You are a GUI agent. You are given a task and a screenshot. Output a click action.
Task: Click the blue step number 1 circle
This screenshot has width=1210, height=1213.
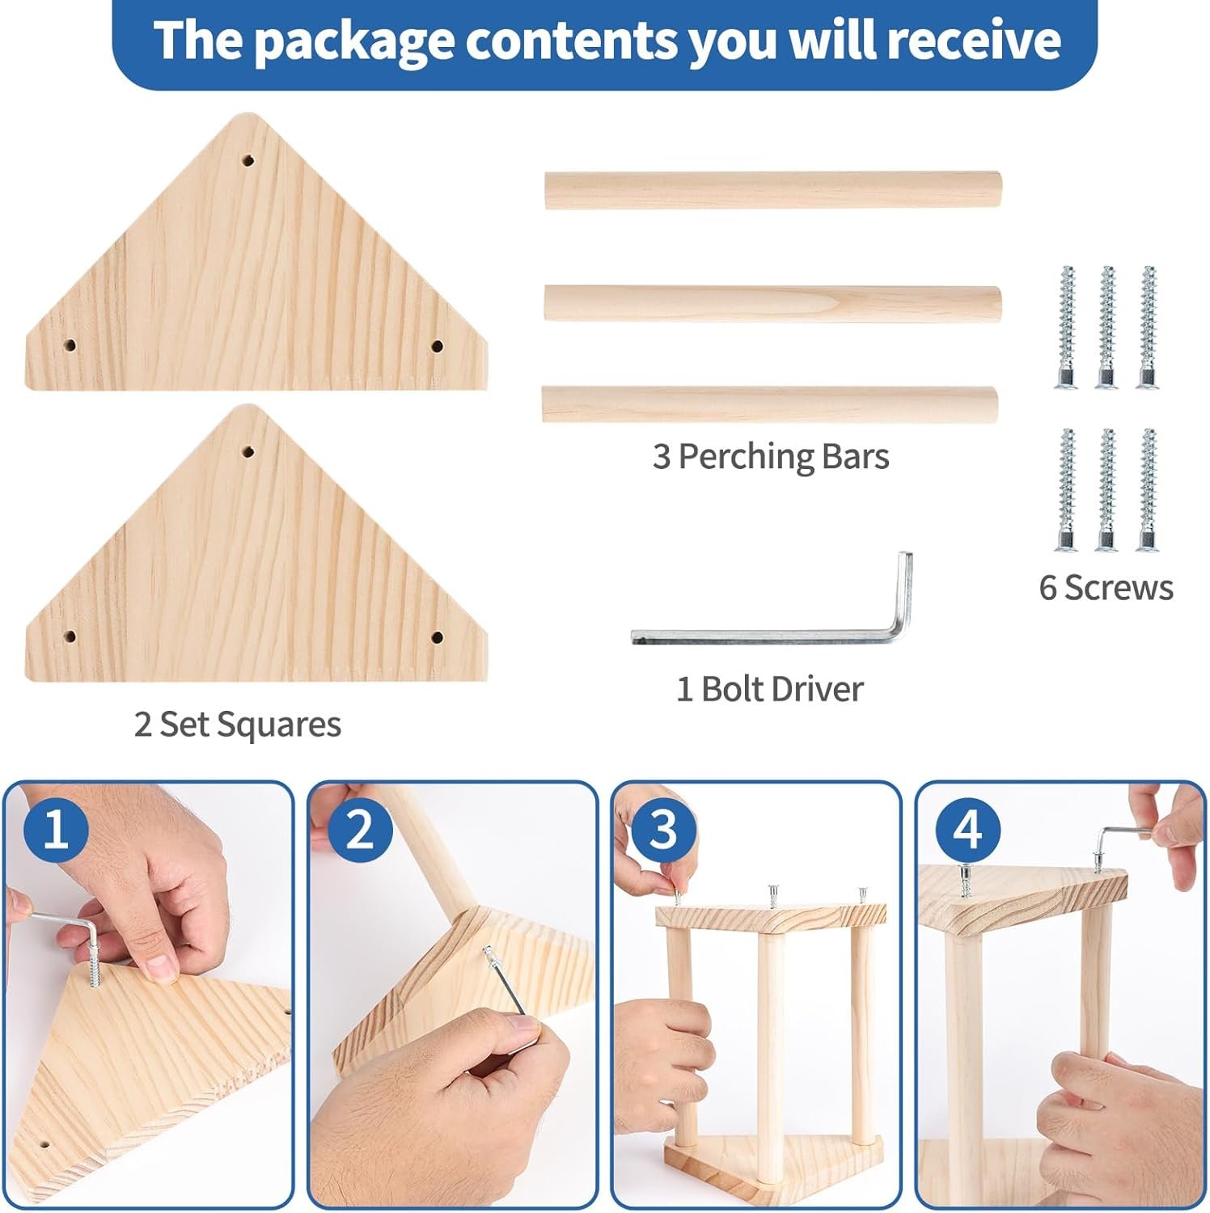coord(56,830)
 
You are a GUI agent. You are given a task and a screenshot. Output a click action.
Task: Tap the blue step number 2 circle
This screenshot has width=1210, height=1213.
coord(360,830)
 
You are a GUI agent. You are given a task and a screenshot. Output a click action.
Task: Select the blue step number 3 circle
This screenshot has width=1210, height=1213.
coord(663,830)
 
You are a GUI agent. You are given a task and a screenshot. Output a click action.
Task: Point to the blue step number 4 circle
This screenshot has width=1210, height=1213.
coord(967,830)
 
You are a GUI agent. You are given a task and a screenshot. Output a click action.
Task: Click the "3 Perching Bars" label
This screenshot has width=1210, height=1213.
coord(771,457)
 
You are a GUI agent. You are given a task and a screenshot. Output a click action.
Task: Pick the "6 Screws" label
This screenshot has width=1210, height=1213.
coord(1106,588)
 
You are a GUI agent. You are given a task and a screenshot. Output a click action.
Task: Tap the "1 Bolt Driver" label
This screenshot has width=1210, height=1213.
coord(770,689)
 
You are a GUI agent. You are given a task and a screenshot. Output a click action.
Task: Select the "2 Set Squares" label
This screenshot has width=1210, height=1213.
coord(238,725)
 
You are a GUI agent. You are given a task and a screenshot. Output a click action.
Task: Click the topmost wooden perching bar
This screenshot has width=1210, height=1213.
coord(772,190)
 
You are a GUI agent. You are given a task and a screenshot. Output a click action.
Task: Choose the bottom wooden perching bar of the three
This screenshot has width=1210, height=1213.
coord(769,404)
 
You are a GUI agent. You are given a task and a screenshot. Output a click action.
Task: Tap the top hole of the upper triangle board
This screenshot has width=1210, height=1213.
coord(249,160)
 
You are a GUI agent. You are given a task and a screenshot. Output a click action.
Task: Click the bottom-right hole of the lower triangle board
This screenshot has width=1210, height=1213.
coord(437,637)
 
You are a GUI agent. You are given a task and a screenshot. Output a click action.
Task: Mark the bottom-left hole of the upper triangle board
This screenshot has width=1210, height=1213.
coord(70,345)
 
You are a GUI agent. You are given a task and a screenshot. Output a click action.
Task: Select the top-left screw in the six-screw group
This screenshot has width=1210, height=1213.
coord(1067,327)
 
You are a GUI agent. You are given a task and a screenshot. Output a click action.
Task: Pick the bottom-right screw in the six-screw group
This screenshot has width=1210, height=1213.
coord(1148,490)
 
